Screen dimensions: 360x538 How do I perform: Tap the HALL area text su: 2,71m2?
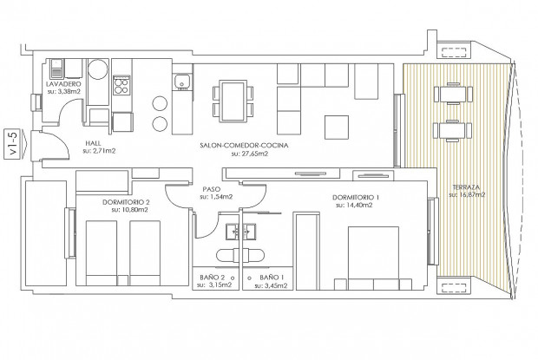99,150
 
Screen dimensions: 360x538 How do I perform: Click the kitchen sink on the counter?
182,82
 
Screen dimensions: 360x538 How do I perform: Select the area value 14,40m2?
358,206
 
